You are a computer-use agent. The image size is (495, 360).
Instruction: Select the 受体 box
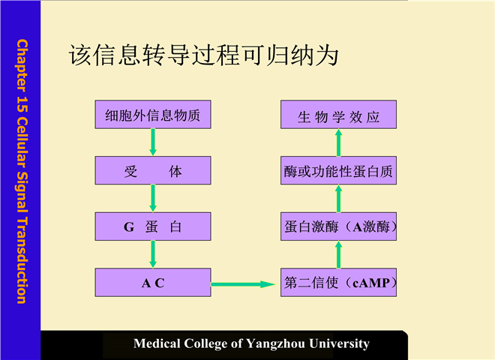(x=153, y=172)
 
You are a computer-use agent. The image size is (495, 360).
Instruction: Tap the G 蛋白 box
(x=153, y=226)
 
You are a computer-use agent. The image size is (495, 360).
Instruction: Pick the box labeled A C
(x=153, y=283)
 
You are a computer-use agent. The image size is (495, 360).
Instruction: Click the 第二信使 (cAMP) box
(x=338, y=283)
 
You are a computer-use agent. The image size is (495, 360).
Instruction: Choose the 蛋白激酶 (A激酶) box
(x=338, y=226)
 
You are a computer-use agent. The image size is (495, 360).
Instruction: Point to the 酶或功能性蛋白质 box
(x=338, y=172)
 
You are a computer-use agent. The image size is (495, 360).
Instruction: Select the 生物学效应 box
(x=338, y=116)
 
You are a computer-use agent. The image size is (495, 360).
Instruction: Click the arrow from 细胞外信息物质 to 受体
(x=153, y=142)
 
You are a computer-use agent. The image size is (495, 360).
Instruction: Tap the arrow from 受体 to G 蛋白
(x=153, y=199)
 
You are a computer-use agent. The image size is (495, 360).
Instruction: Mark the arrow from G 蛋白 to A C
(x=153, y=254)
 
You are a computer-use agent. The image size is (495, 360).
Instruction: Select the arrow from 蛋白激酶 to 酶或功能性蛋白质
(x=338, y=199)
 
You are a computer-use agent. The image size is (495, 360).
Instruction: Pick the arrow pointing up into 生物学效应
(x=338, y=143)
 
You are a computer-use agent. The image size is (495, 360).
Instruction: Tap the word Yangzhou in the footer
(x=287, y=343)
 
